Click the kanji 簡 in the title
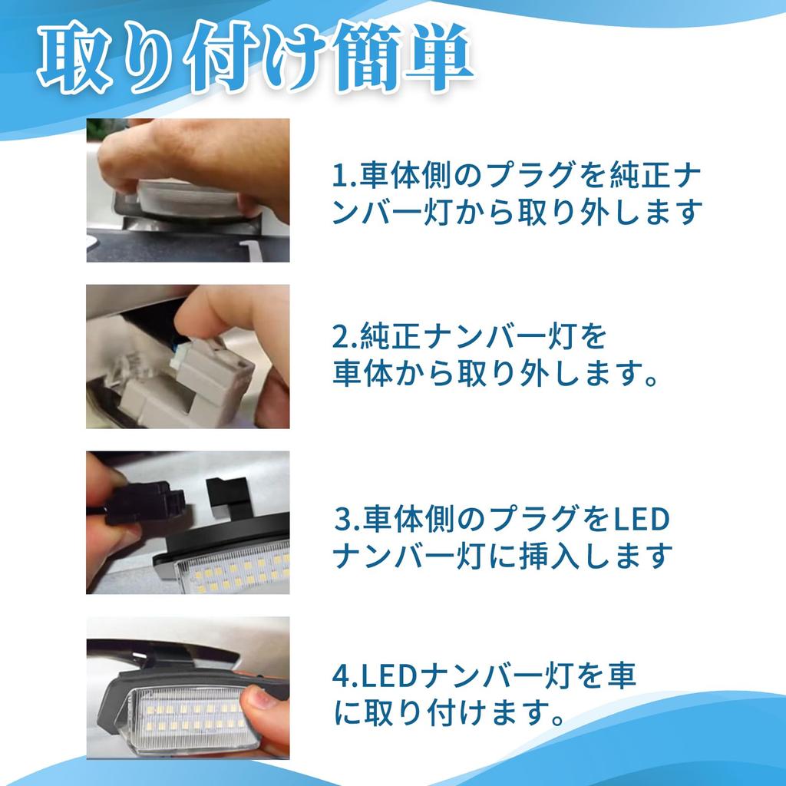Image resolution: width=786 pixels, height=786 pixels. click(x=366, y=57)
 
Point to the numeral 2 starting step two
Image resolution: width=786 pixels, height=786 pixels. click(x=340, y=336)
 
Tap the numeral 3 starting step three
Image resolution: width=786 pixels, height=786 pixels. click(x=342, y=520)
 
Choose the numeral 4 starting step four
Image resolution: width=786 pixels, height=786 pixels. click(x=342, y=676)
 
